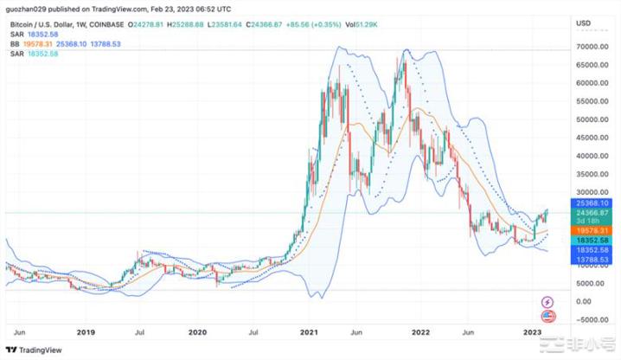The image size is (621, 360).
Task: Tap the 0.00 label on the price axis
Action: [585, 302]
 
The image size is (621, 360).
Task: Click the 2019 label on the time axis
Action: [85, 331]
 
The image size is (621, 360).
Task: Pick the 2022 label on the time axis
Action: [420, 331]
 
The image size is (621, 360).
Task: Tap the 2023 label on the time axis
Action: [533, 331]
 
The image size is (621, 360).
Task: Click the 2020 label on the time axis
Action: [197, 331]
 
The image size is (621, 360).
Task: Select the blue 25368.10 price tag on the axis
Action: [592, 202]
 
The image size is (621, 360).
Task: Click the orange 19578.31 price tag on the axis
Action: [592, 230]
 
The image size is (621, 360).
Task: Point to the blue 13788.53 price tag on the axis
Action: [592, 259]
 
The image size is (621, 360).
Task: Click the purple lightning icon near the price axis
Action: [546, 302]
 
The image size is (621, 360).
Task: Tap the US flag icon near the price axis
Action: [546, 316]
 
